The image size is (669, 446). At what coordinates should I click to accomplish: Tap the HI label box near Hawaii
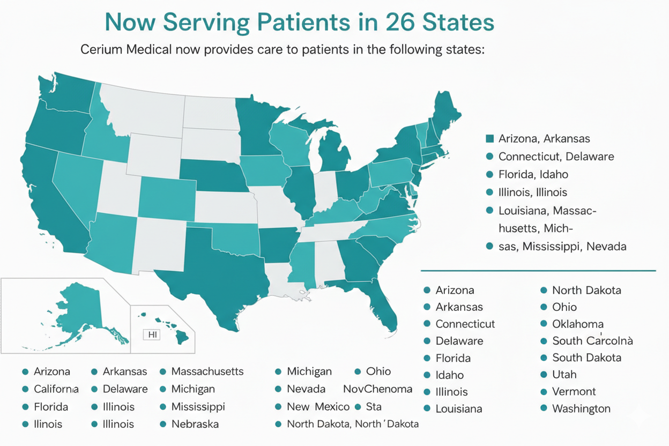pos(152,334)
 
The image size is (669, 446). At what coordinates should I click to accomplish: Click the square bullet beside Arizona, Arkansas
pos(489,139)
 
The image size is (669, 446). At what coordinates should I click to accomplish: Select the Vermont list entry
pos(574,391)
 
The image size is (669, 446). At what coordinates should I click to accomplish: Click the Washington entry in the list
pos(581,408)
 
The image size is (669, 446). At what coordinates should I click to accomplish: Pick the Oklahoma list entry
pos(578,324)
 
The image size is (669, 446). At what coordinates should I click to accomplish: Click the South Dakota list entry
pos(586,358)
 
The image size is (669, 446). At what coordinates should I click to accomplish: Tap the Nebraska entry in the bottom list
pos(195,424)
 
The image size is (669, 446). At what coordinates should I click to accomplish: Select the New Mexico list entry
pos(318,407)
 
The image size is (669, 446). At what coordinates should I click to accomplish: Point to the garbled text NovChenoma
pos(377,389)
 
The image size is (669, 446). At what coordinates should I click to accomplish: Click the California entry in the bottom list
pos(56,389)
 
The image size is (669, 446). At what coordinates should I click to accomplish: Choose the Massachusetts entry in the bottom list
pos(207,371)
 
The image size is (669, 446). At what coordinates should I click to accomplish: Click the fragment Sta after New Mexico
pos(373,407)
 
